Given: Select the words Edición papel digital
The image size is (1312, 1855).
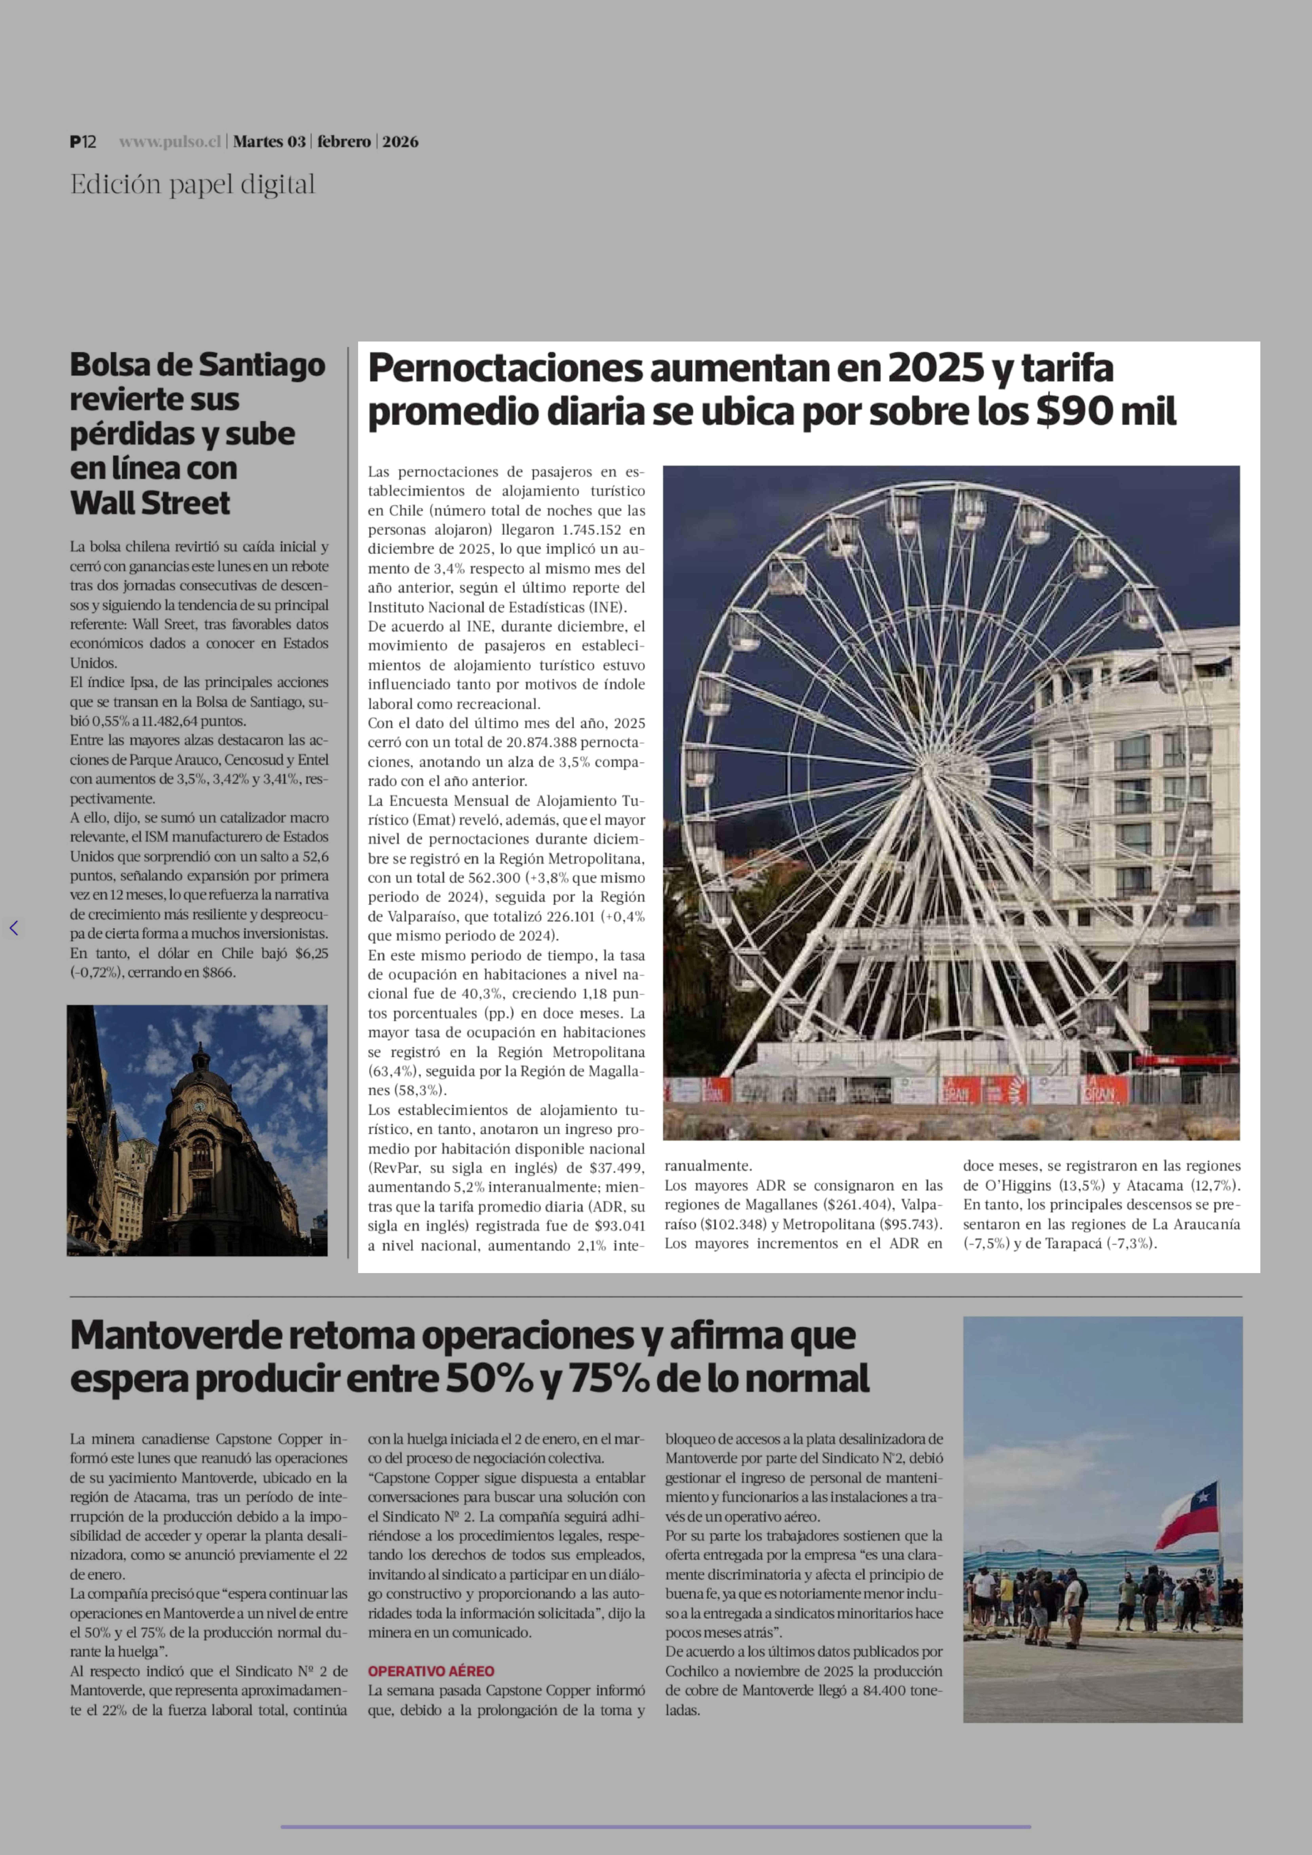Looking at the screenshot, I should point(192,185).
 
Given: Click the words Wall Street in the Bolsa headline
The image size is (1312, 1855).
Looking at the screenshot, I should point(150,503).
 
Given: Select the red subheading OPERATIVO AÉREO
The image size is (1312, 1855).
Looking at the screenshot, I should point(431,1671).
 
